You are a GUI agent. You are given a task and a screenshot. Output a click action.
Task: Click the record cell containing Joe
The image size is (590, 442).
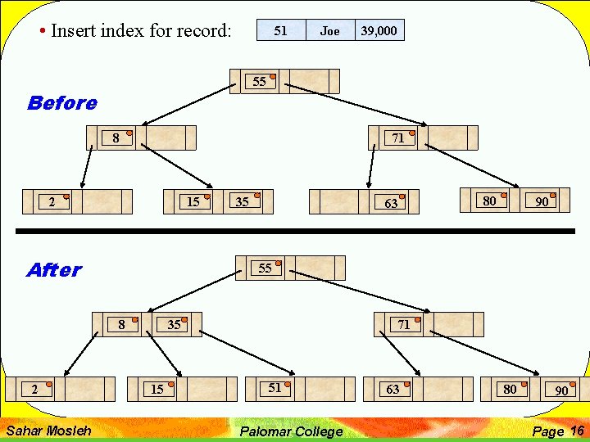330,31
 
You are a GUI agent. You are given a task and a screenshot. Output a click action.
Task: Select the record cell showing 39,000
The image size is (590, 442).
379,31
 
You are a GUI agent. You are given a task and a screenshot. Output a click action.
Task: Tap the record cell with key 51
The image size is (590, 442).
280,31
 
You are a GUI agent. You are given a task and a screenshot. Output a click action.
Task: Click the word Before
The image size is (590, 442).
61,103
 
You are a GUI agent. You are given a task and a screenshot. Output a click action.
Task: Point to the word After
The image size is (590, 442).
54,270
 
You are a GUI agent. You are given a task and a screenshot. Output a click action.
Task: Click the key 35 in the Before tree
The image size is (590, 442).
243,201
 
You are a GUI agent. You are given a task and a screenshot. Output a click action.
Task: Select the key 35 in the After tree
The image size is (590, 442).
174,324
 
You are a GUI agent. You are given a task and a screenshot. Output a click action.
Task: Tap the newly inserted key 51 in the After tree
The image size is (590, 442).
275,388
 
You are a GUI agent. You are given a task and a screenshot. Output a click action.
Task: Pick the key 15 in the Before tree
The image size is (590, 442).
193,201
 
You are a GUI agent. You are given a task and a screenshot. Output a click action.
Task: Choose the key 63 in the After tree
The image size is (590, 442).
393,389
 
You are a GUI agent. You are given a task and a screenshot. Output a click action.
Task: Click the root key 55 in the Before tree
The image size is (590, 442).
260,81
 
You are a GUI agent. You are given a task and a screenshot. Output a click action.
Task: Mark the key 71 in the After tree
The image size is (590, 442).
404,324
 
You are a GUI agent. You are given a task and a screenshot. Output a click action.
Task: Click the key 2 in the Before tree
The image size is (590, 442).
52,201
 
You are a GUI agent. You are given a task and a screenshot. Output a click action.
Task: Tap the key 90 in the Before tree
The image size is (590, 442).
542,201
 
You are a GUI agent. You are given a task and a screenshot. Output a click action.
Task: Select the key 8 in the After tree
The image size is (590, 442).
121,324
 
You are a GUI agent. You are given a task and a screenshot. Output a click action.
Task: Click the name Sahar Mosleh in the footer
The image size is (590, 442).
48,431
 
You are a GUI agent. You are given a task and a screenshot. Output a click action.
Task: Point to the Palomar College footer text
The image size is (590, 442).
291,431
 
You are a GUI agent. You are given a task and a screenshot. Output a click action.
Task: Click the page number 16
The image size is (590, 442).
577,431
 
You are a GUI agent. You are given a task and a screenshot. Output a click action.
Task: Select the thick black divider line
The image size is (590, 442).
295,232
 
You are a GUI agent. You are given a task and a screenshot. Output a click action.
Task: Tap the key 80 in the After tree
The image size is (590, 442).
510,389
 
